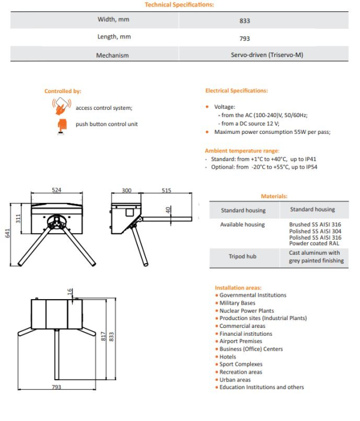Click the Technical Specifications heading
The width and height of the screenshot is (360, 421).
point(179,5)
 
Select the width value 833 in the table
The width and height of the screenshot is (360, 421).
point(244,20)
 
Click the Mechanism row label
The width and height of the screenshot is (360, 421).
point(113,55)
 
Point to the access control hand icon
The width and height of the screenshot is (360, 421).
point(61,106)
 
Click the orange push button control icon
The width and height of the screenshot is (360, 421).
point(61,124)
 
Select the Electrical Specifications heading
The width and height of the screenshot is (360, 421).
point(236,91)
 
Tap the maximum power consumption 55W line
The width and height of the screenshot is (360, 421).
point(272,132)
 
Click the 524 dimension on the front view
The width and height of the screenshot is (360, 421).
point(56,190)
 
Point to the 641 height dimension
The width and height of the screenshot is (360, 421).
point(8,234)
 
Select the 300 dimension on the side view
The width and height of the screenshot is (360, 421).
point(127,190)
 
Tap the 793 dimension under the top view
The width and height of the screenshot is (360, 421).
point(56,387)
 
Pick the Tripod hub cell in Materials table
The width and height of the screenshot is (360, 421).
point(242,256)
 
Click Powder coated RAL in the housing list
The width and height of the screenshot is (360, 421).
point(314,243)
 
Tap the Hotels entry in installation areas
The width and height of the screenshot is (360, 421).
point(228,357)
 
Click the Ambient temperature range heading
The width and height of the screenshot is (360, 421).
point(242,151)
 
